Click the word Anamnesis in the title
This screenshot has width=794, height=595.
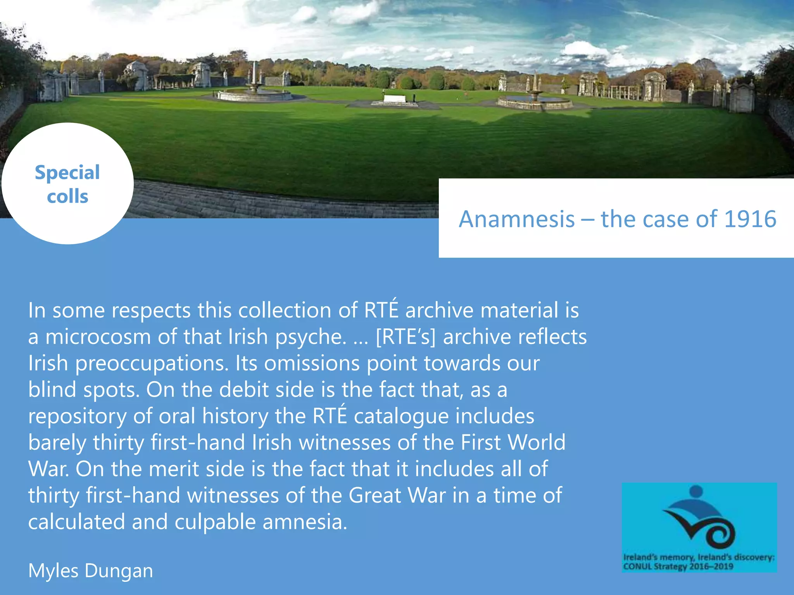pyautogui.click(x=516, y=219)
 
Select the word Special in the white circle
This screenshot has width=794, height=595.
pyautogui.click(x=67, y=173)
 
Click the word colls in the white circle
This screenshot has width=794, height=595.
pyautogui.click(x=67, y=196)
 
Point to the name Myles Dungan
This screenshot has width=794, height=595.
pyautogui.click(x=91, y=571)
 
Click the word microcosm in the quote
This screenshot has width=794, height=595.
pyautogui.click(x=98, y=337)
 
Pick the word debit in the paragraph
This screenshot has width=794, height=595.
pyautogui.click(x=243, y=390)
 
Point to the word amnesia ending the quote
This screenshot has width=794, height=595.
pyautogui.click(x=305, y=522)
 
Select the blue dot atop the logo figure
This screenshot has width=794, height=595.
pyautogui.click(x=696, y=491)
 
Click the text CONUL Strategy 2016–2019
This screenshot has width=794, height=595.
pyautogui.click(x=678, y=567)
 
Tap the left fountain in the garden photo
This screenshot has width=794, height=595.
pyautogui.click(x=254, y=93)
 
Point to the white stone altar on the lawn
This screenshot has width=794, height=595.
pyautogui.click(x=395, y=99)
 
